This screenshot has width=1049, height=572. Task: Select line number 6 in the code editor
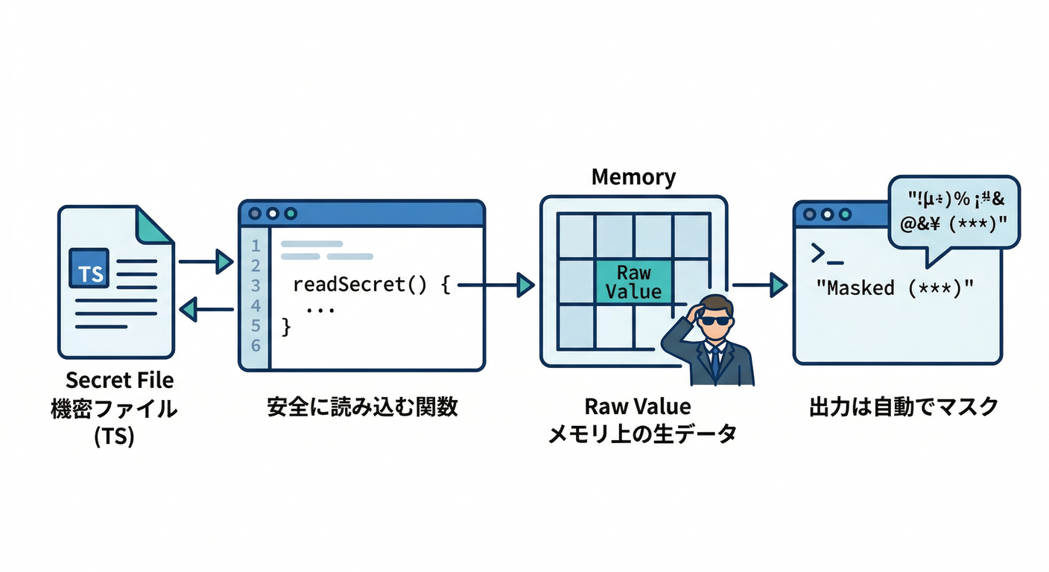(256, 346)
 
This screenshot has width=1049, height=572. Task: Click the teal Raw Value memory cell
(633, 282)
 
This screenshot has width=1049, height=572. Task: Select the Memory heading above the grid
(633, 177)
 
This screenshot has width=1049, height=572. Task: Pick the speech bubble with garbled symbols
(954, 212)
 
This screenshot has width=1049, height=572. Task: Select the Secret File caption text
(119, 381)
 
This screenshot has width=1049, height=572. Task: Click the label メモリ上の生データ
(641, 433)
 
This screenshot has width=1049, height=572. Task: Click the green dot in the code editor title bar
(291, 213)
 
